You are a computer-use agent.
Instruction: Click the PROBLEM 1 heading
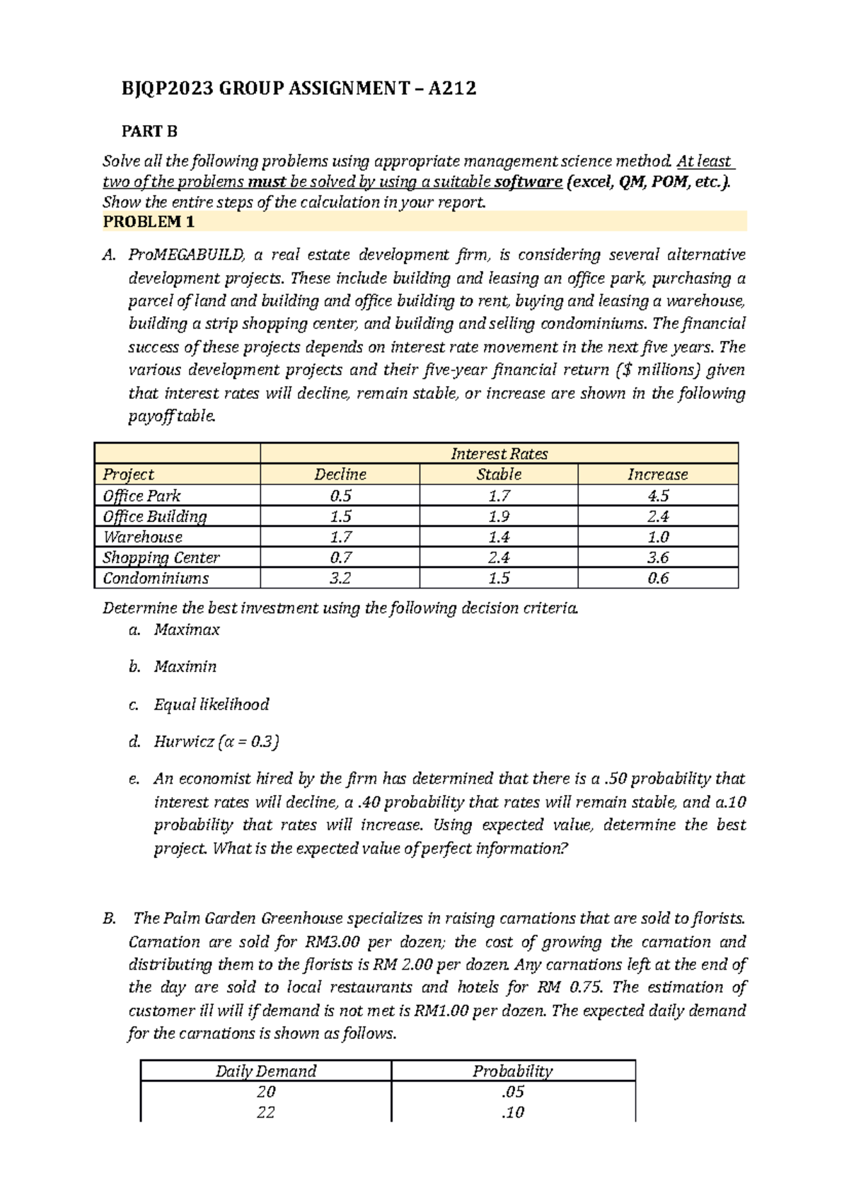pyautogui.click(x=149, y=222)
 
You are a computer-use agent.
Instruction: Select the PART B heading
pyautogui.click(x=149, y=132)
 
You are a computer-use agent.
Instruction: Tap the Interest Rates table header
pyautogui.click(x=499, y=453)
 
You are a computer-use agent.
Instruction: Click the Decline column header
pyautogui.click(x=340, y=475)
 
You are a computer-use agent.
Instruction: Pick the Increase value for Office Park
pyautogui.click(x=658, y=495)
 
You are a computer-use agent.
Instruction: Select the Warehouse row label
pyautogui.click(x=143, y=537)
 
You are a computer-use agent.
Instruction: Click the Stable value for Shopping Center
pyautogui.click(x=499, y=557)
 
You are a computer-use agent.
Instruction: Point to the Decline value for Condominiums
pyautogui.click(x=340, y=578)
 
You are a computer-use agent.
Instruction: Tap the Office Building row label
pyautogui.click(x=155, y=516)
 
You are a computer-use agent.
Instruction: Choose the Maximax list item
pyautogui.click(x=187, y=629)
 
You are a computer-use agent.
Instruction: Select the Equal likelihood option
pyautogui.click(x=212, y=704)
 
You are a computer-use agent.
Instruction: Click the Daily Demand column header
pyautogui.click(x=266, y=1071)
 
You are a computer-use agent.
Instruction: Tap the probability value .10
pyautogui.click(x=513, y=1112)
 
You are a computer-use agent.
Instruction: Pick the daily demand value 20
pyautogui.click(x=266, y=1091)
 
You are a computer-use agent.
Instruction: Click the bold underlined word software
pyautogui.click(x=528, y=182)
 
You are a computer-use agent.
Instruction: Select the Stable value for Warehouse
pyautogui.click(x=499, y=537)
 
